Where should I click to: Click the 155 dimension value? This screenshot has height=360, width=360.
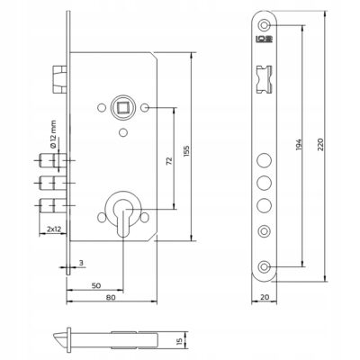(186, 152)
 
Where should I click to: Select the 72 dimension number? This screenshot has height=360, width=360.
(169, 161)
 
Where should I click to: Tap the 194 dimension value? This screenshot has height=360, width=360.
(299, 144)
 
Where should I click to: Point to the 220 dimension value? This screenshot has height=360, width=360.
(320, 144)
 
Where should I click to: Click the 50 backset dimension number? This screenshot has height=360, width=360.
(96, 285)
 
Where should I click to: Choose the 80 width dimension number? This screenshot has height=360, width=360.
(111, 297)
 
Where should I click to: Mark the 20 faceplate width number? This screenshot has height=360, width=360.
(265, 297)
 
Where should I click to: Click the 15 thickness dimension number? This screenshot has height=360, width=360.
(179, 341)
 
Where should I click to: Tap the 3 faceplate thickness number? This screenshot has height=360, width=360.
(80, 263)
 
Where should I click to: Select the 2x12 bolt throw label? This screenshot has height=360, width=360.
(54, 229)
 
